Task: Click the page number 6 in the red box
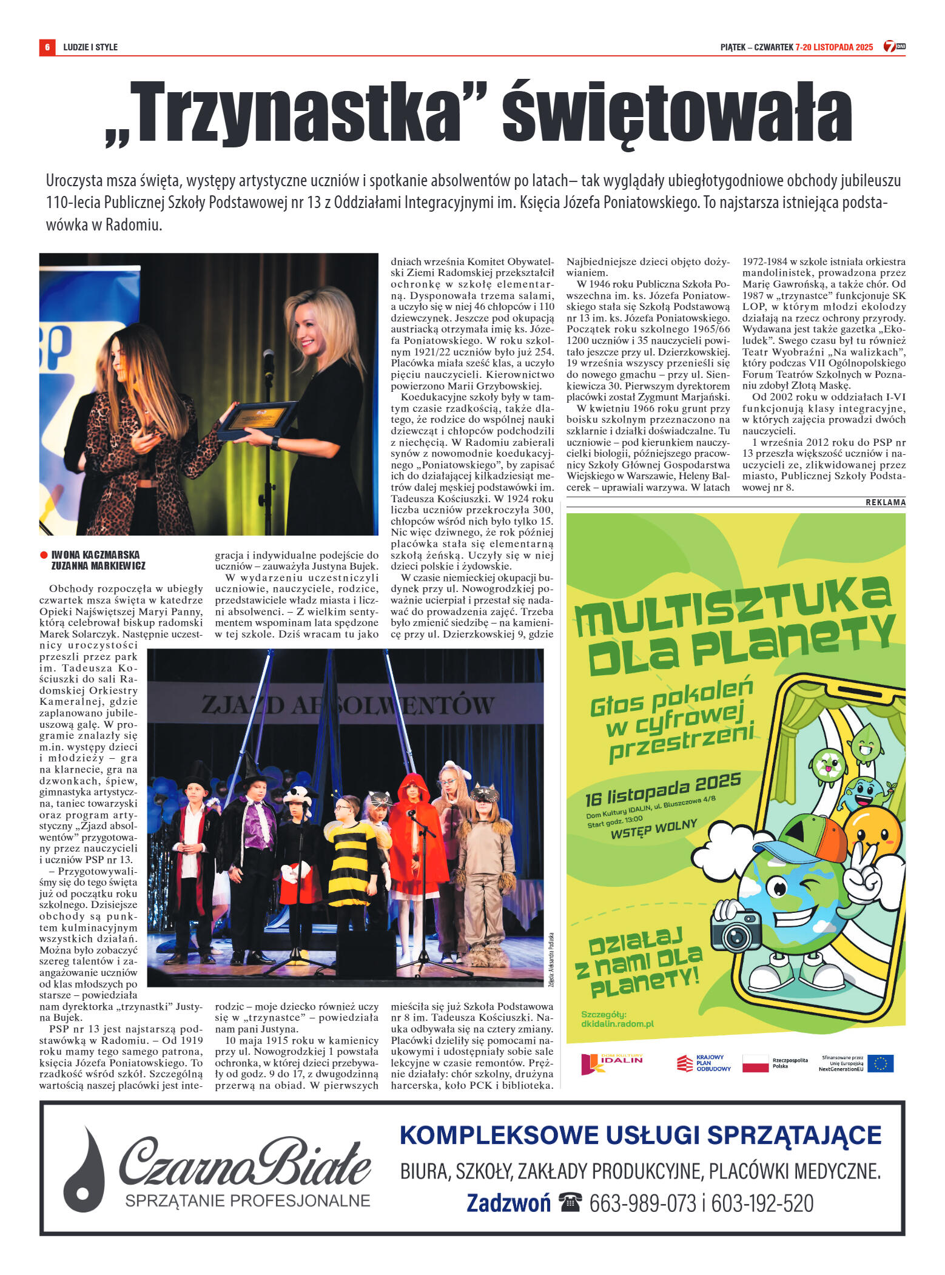[47, 47]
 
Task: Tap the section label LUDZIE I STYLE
[90, 47]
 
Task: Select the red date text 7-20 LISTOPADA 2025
[834, 47]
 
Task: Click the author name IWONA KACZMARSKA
[95, 554]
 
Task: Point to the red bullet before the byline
[44, 554]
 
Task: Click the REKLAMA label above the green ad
[885, 502]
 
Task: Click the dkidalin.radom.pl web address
[617, 1024]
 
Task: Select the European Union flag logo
[880, 1063]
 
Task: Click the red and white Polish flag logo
[755, 1063]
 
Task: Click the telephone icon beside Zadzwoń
[570, 1202]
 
